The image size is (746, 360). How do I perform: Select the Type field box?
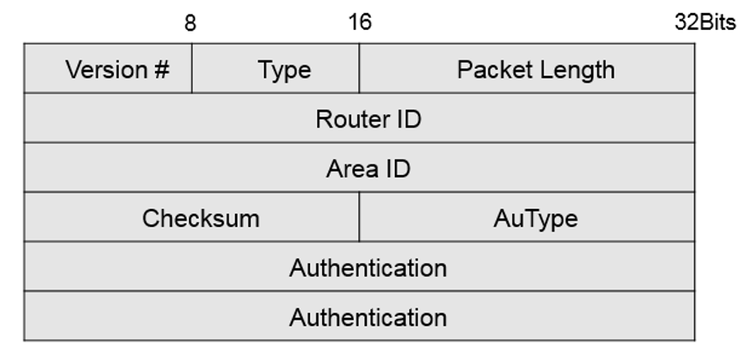click(x=284, y=69)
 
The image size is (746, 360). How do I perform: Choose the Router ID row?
click(x=368, y=119)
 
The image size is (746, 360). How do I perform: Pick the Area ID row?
click(x=368, y=169)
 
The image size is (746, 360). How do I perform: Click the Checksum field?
click(x=201, y=218)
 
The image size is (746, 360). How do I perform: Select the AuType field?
click(x=535, y=218)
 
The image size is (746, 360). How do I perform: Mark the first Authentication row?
click(x=368, y=267)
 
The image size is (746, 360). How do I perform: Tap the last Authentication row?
click(x=368, y=316)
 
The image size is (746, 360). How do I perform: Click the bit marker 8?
click(x=191, y=22)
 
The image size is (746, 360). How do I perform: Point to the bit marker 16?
click(x=360, y=22)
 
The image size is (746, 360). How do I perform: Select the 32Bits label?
click(x=705, y=22)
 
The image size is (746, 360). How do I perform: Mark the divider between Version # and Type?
click(x=192, y=69)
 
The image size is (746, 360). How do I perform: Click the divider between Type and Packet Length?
click(x=359, y=69)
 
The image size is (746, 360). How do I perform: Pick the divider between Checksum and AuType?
click(x=359, y=217)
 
